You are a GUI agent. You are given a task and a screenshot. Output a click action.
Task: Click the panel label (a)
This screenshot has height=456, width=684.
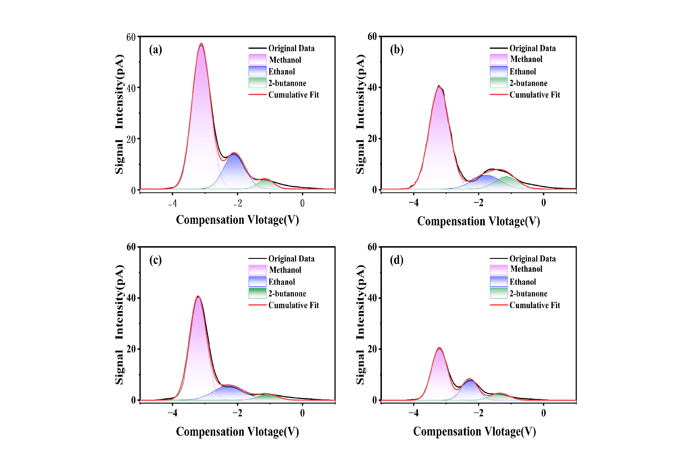[155, 50]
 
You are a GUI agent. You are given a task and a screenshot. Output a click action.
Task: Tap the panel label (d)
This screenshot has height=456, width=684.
[397, 260]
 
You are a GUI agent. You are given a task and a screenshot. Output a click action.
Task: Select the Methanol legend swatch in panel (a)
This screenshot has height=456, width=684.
[257, 59]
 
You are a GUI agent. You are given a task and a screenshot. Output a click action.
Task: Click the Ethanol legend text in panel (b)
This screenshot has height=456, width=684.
[523, 72]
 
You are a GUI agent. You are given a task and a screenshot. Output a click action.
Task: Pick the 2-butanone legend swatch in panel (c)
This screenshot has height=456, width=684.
[257, 293]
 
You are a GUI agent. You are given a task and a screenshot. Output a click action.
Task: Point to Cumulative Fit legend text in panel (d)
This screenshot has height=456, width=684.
[534, 305]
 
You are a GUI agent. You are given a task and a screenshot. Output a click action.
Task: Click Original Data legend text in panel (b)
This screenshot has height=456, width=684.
[532, 48]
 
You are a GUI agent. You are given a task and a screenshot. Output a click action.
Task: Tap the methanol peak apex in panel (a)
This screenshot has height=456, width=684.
[201, 44]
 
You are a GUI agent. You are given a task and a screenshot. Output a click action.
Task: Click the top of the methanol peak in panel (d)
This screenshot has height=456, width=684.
[439, 348]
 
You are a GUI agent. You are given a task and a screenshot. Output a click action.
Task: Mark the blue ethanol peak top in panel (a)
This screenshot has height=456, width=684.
[234, 154]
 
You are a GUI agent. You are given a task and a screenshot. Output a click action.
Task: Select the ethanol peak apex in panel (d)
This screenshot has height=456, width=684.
[470, 380]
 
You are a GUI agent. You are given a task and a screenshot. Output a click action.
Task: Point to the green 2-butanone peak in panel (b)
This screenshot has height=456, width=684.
[506, 177]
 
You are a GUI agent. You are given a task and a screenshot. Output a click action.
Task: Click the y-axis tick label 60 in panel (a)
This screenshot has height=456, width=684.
[131, 37]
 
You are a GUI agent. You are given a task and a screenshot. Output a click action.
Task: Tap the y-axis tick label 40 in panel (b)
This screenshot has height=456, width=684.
[372, 88]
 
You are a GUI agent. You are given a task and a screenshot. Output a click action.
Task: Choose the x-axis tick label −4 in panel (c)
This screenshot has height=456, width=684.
[172, 413]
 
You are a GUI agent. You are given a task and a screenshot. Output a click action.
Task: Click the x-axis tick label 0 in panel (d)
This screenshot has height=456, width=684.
[543, 413]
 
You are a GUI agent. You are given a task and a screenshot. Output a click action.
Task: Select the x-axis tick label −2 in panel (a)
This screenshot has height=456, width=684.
[237, 203]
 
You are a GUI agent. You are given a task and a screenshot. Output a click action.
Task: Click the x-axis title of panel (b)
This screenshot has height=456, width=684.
[478, 221]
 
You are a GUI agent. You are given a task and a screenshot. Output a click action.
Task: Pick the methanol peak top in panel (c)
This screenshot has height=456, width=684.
[198, 296]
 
